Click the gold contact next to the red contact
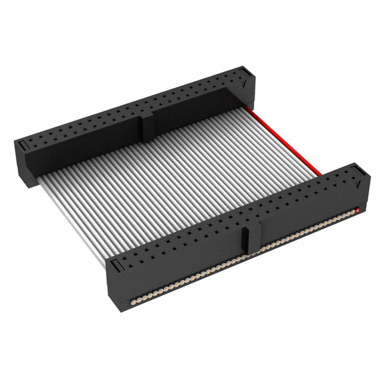click(x=351, y=213)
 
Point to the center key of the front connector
click(x=251, y=238)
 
